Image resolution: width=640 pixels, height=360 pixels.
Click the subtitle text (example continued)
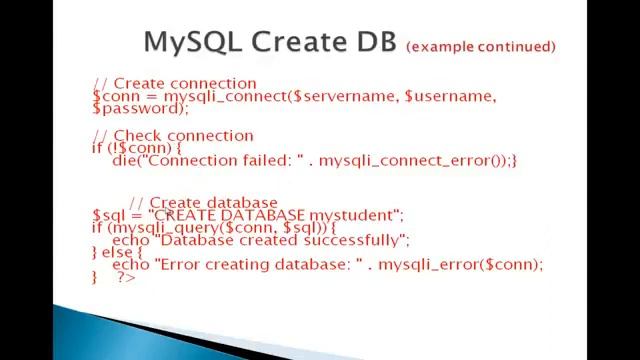tap(480, 47)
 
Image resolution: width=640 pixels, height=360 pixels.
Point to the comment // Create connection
tap(175, 84)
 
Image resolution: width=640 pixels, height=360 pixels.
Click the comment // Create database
tap(204, 204)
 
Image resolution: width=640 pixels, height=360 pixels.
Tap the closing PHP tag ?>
tap(126, 277)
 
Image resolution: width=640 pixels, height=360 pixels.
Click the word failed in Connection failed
tap(263, 160)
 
